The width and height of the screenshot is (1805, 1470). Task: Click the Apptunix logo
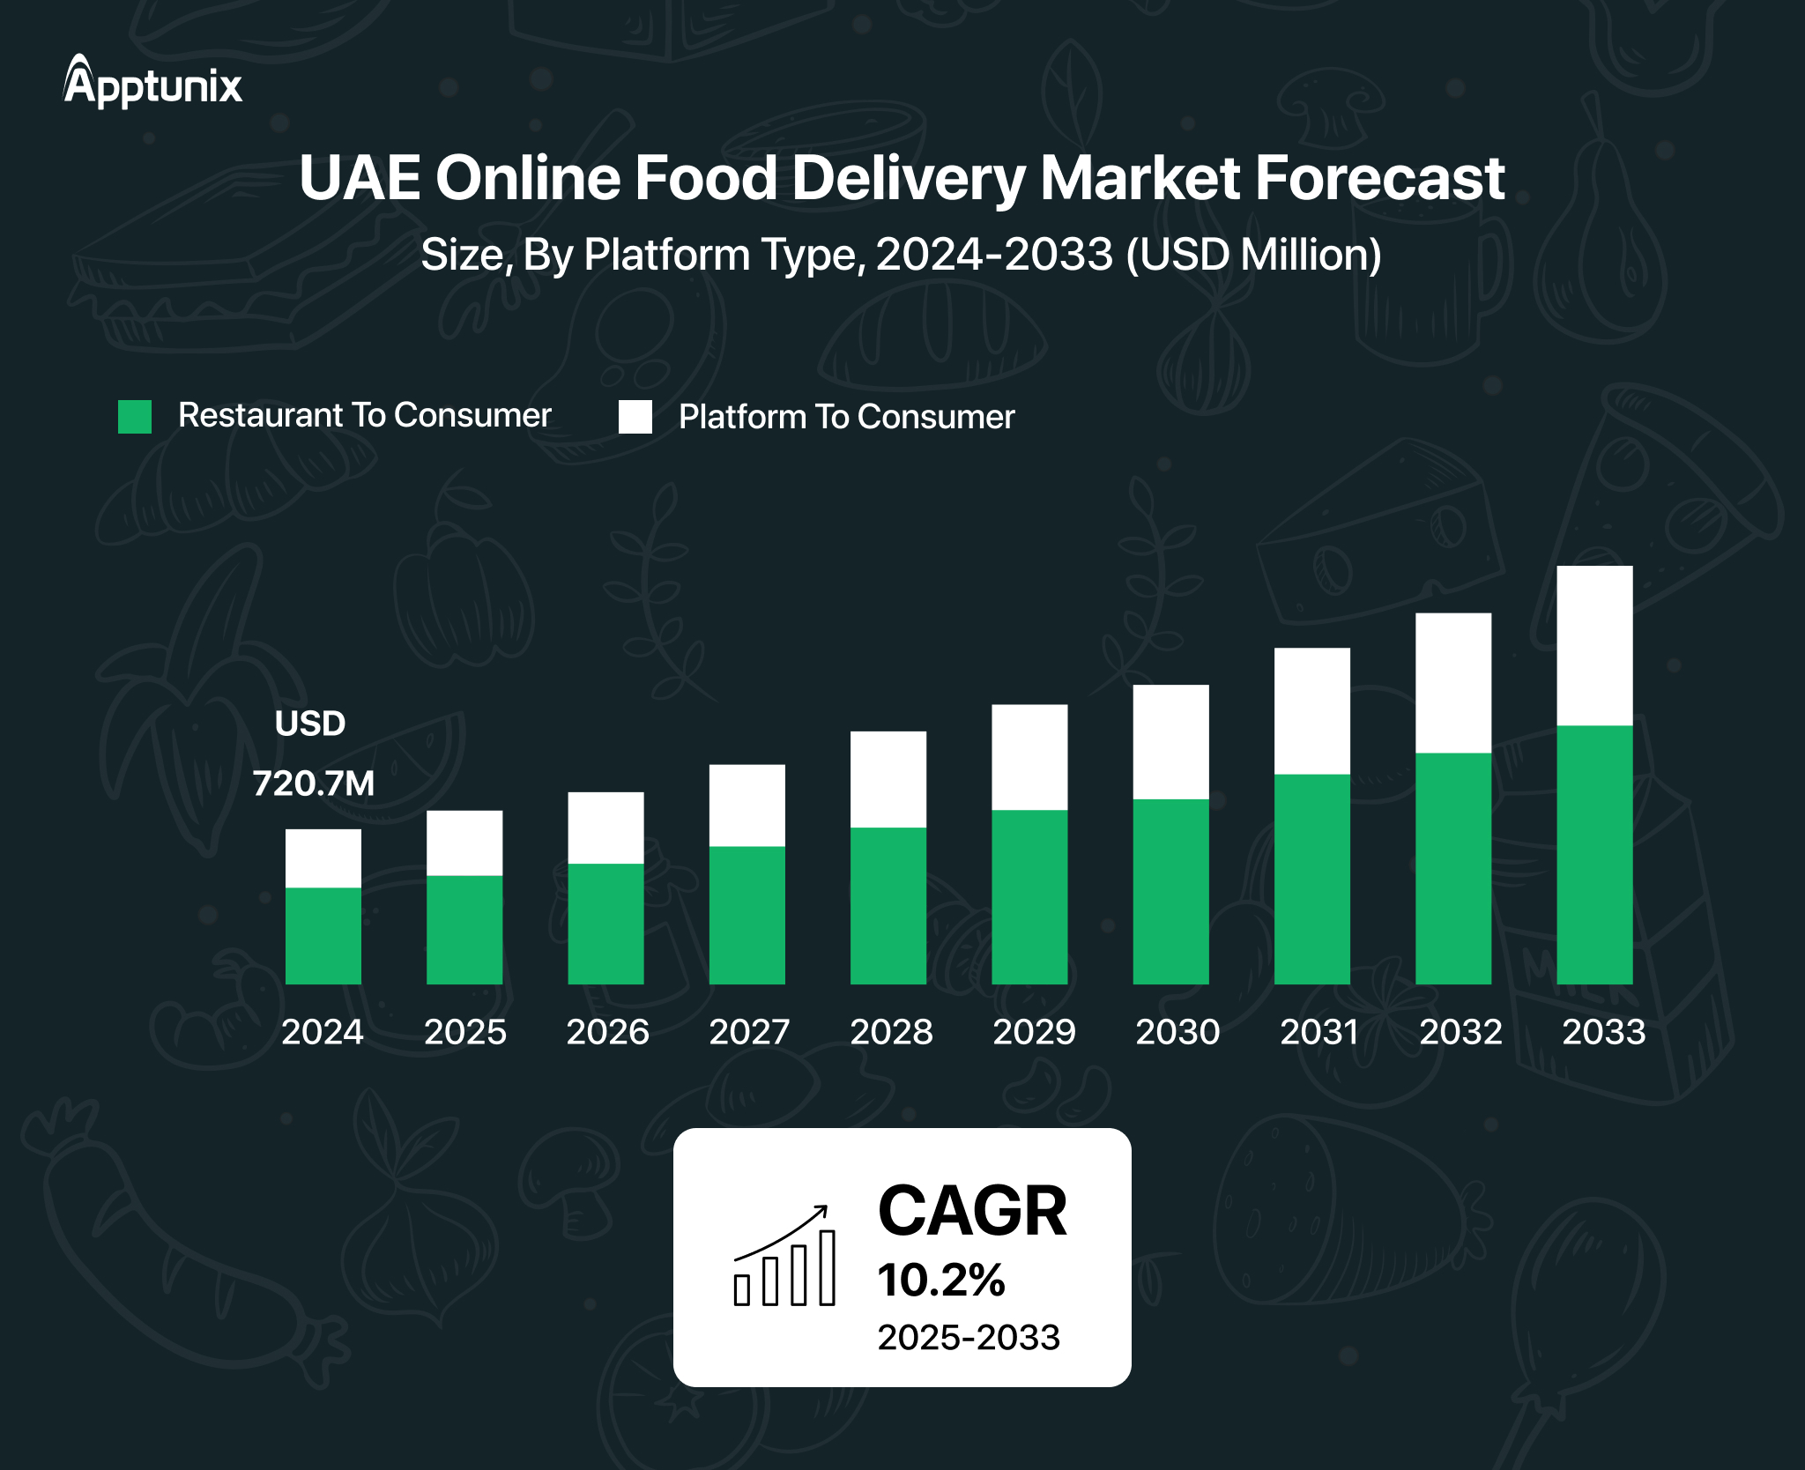click(x=152, y=83)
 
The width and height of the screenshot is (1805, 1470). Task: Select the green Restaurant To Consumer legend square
click(x=135, y=417)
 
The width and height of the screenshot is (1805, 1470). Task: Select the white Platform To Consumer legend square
click(x=635, y=417)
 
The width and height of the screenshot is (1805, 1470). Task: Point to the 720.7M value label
click(x=313, y=783)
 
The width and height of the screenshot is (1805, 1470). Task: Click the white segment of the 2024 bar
click(x=323, y=857)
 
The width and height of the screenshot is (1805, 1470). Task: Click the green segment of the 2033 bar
click(x=1594, y=854)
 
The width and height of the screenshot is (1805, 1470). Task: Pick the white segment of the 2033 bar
click(x=1594, y=645)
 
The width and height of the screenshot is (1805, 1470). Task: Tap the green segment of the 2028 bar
click(x=888, y=905)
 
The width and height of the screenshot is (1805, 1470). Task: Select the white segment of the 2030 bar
click(x=1170, y=741)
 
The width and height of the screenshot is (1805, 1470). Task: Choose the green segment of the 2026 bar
click(x=605, y=923)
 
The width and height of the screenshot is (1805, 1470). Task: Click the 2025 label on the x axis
click(x=464, y=1032)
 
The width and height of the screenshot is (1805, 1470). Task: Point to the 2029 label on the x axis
click(x=1034, y=1032)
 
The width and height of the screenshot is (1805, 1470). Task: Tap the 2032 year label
click(x=1460, y=1032)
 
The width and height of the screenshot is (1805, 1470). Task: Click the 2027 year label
click(x=749, y=1032)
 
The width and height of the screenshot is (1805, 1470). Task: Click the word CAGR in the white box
click(x=972, y=1211)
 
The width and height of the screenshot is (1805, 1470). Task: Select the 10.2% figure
click(x=940, y=1280)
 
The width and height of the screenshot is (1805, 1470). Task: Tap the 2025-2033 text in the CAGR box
click(x=968, y=1338)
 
